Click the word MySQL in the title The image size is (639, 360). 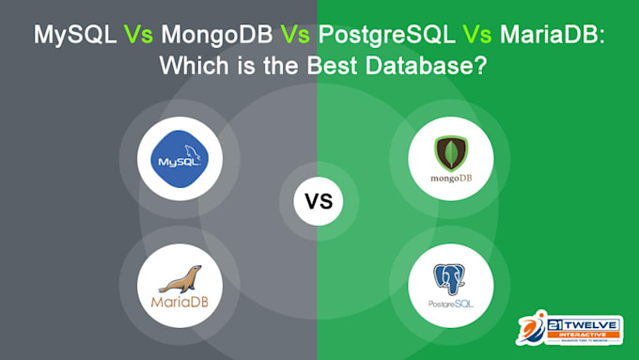point(73,36)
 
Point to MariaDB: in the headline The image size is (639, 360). point(549,36)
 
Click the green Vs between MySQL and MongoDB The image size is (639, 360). point(136,36)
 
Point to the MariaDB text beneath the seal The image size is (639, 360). point(179,303)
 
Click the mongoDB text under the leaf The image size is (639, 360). point(451,177)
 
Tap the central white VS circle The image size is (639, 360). point(319,201)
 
